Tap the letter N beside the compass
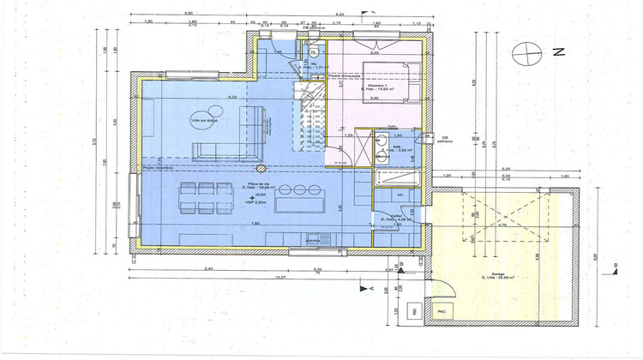click(558, 52)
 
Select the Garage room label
click(493, 274)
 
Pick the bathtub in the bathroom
click(395, 178)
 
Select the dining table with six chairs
click(202, 196)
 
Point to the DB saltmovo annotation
click(445, 139)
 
